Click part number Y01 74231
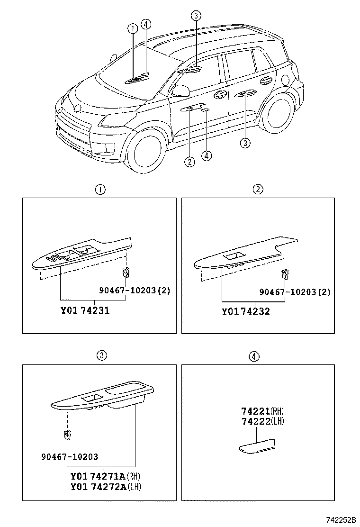pyautogui.click(x=85, y=311)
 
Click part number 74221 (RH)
pyautogui.click(x=262, y=411)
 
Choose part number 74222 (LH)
pyautogui.click(x=262, y=421)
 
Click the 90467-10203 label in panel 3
pyautogui.click(x=69, y=457)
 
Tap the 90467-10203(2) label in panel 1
pyautogui.click(x=135, y=291)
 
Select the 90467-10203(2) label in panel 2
pyautogui.click(x=295, y=291)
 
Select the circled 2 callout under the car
pyautogui.click(x=189, y=162)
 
